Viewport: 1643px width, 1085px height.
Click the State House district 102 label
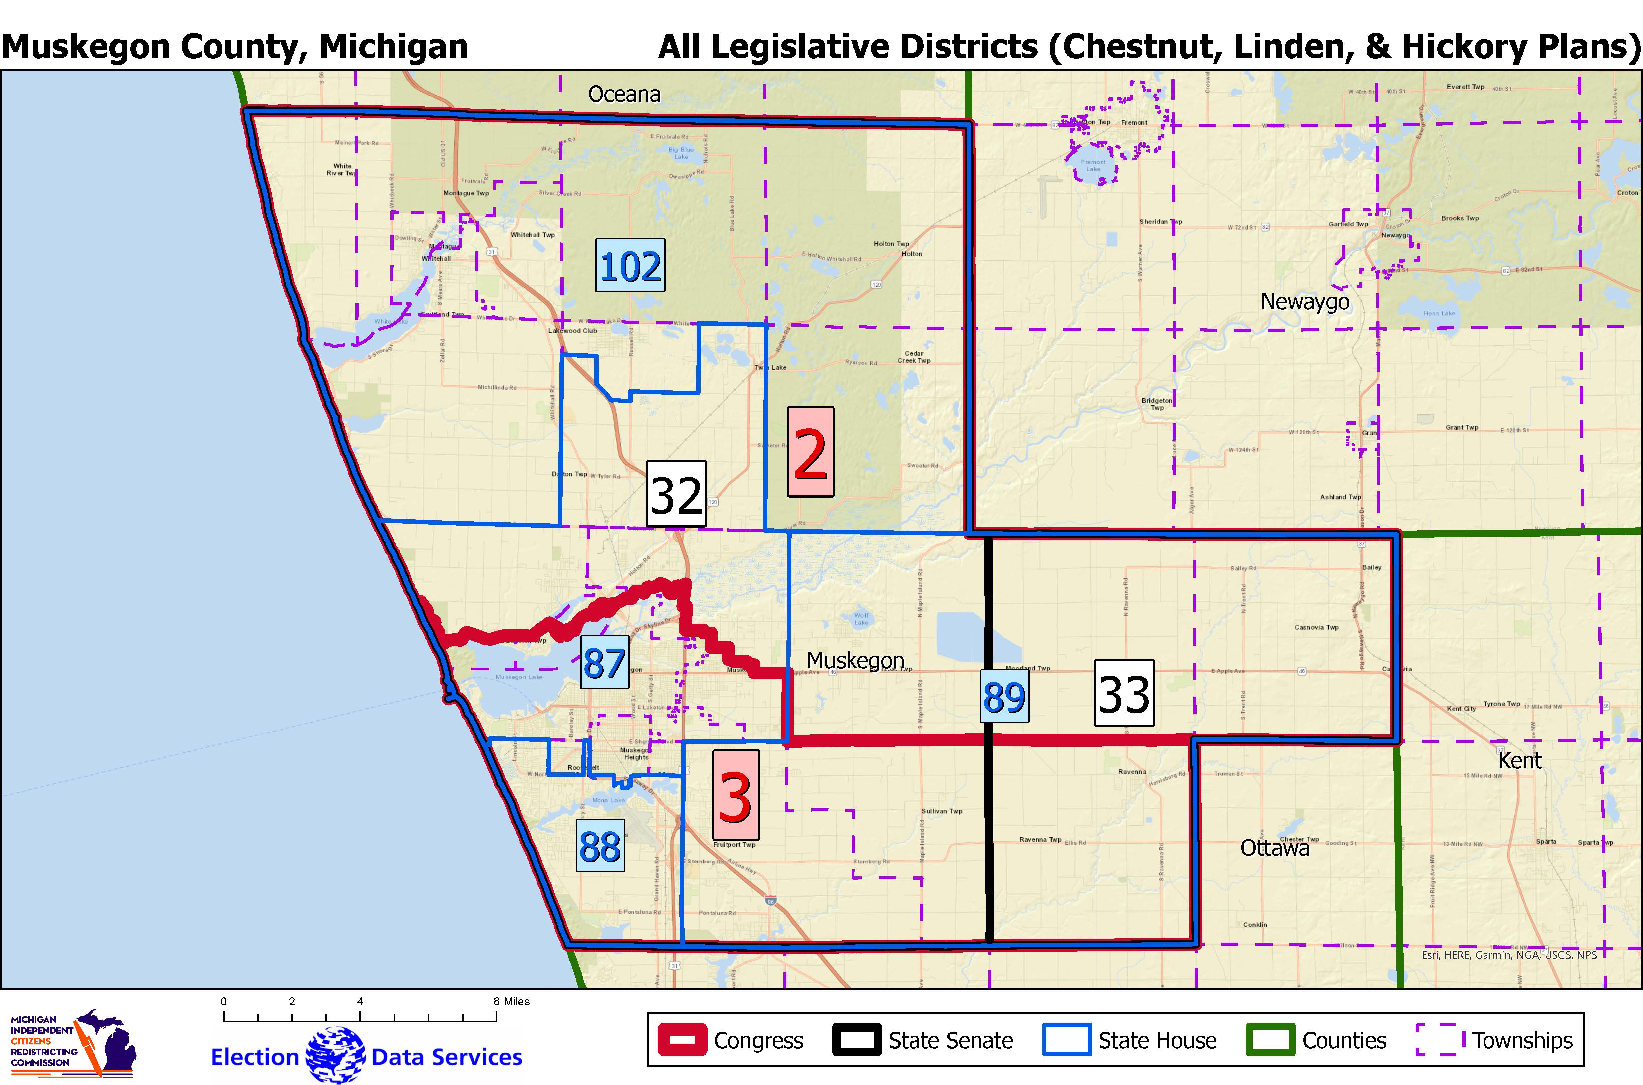630,266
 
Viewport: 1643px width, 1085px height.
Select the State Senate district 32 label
676,494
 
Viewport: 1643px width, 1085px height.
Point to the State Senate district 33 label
1123,693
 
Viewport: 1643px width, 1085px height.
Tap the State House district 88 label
600,846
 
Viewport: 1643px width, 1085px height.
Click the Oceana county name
624,94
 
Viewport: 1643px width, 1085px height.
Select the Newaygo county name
1305,302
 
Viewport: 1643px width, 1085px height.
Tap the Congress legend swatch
682,1040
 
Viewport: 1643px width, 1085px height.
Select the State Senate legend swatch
856,1040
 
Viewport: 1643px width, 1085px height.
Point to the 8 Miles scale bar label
512,1001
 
